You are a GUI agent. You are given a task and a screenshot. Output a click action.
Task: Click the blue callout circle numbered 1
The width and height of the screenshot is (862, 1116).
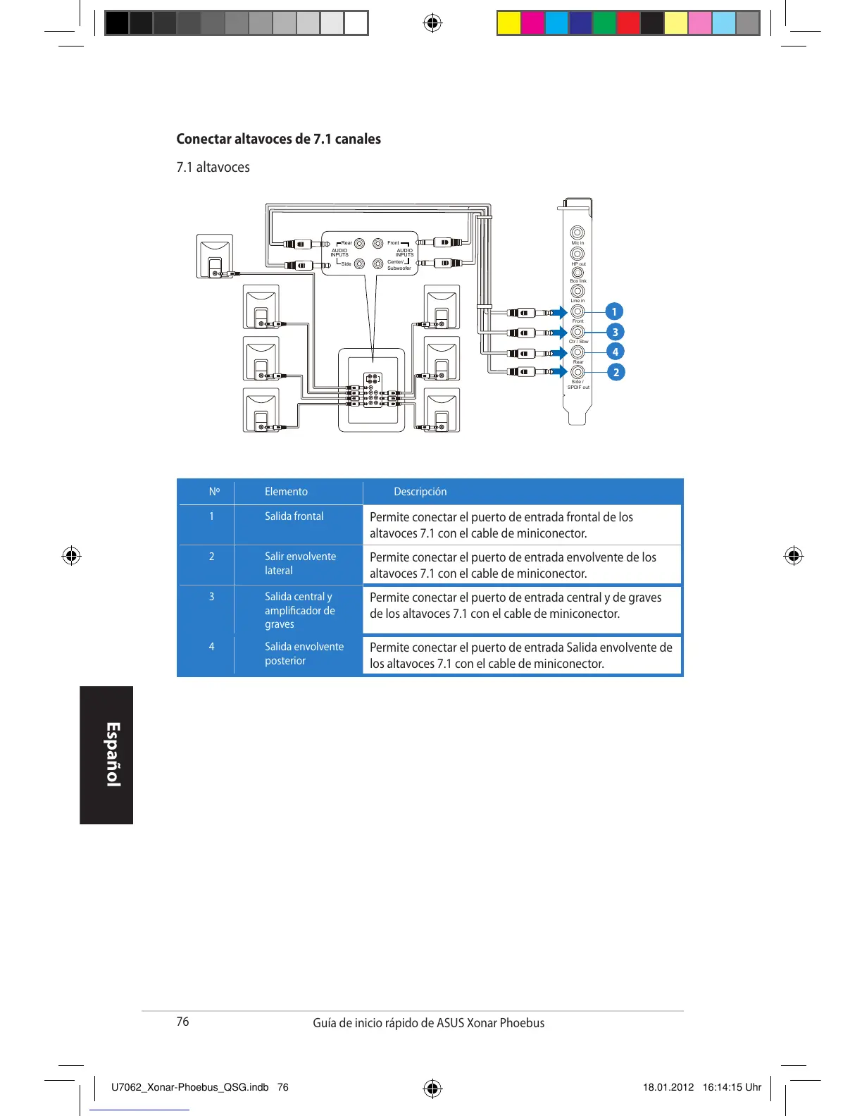[614, 311]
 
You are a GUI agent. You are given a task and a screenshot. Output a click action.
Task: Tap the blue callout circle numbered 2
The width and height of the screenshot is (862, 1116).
[616, 372]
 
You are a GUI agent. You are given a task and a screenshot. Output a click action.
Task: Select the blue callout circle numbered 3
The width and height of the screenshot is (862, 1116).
[615, 332]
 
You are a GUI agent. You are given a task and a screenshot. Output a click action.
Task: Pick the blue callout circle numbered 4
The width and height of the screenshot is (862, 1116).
[615, 352]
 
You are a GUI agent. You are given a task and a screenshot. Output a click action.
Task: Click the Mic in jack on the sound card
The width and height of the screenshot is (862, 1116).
[577, 232]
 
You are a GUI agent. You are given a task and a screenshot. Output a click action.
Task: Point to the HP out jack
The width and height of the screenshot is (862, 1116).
[577, 254]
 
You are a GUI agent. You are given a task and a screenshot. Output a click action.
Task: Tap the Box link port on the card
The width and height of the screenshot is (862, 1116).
[577, 273]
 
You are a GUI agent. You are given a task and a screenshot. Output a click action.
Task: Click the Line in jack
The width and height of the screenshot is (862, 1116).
[577, 291]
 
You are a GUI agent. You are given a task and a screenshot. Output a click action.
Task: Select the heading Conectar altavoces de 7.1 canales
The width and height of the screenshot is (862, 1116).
[278, 139]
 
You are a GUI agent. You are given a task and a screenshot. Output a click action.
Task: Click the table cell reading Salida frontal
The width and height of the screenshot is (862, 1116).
[294, 516]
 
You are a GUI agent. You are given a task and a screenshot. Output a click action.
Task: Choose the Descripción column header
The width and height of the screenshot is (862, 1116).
[420, 492]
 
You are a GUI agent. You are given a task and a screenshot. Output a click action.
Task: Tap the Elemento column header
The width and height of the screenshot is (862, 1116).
[286, 492]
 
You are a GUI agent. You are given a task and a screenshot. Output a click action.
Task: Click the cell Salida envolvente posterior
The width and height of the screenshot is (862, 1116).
[304, 654]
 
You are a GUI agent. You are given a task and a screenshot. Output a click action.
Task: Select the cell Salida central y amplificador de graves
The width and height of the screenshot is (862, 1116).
[299, 610]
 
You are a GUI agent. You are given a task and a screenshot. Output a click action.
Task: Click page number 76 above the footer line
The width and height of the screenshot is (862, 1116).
[182, 1022]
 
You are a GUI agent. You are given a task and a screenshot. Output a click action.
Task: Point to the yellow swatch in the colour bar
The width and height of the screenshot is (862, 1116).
[508, 23]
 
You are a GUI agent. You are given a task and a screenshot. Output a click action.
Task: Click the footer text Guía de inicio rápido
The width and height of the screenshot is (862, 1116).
[428, 1023]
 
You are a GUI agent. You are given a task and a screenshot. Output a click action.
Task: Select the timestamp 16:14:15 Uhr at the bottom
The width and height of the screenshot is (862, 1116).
[732, 1087]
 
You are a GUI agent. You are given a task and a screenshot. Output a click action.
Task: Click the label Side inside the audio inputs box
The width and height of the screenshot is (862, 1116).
[346, 264]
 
